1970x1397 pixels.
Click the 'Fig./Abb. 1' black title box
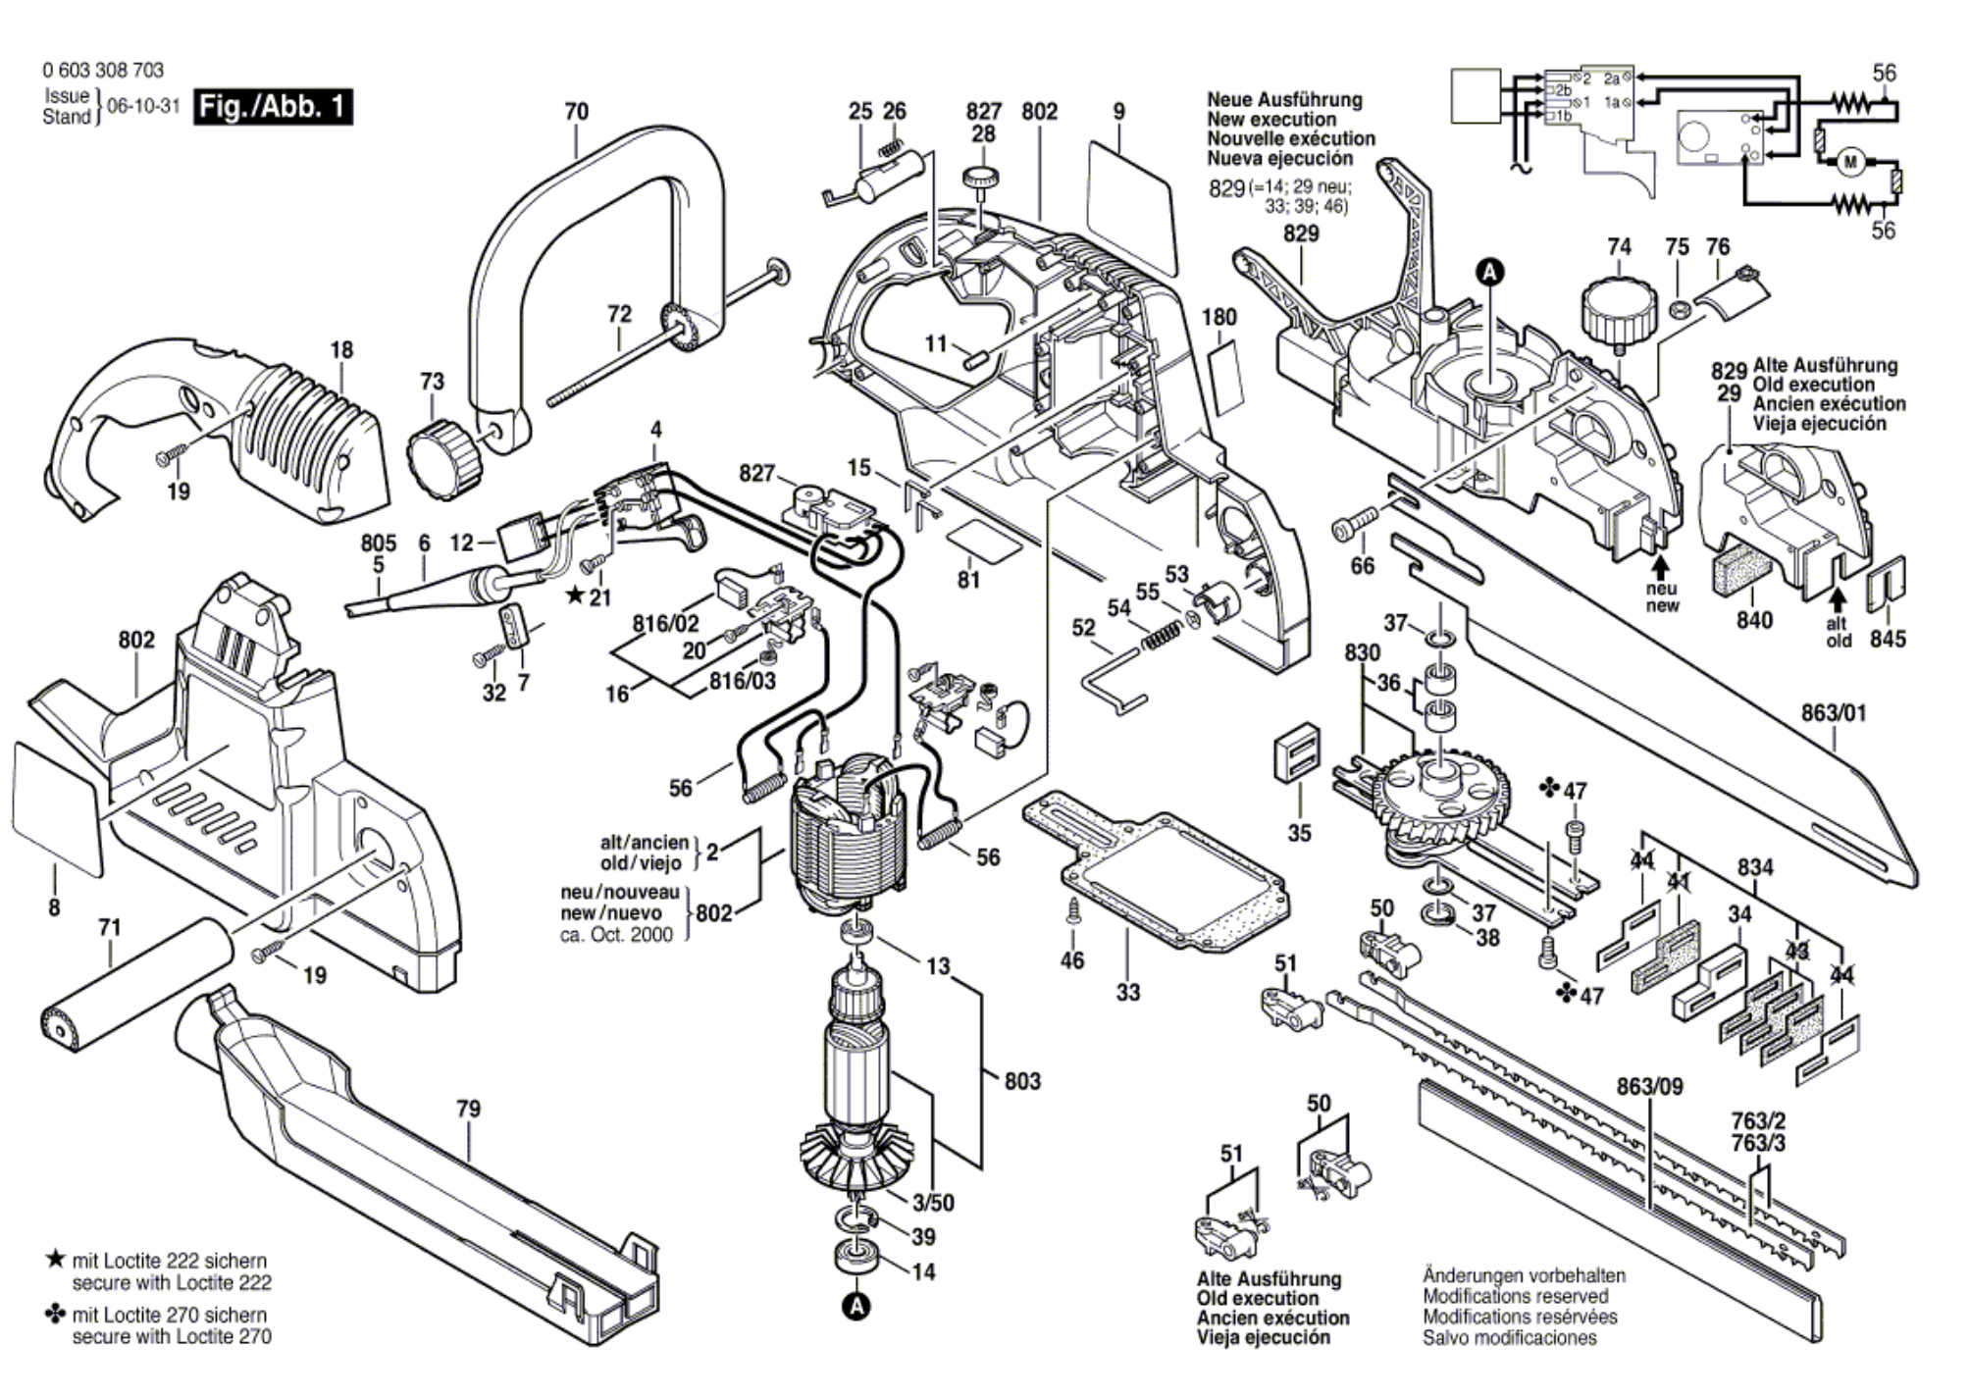point(272,106)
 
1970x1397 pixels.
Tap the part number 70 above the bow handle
point(577,112)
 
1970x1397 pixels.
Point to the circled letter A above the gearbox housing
point(1490,273)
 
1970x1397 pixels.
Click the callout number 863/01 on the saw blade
point(1834,713)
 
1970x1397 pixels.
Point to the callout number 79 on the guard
point(469,1109)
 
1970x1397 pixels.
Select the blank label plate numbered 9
point(1130,208)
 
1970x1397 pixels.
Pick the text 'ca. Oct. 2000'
point(616,935)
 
